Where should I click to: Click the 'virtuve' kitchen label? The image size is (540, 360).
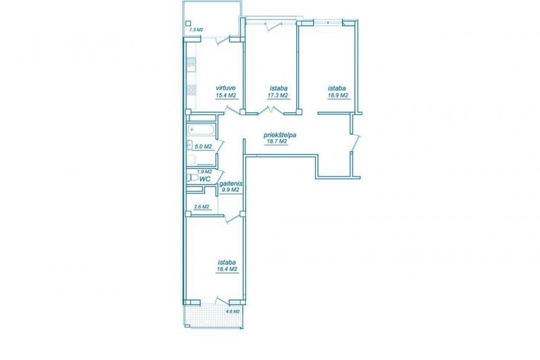pos(225,88)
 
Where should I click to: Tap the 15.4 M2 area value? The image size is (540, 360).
pos(225,95)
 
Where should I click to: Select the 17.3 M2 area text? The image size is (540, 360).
pos(277,95)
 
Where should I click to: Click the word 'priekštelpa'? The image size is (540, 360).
pos(279,135)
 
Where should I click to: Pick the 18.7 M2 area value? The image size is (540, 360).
pos(276,142)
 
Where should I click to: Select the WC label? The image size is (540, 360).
pos(205,179)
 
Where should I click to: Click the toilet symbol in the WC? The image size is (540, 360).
pos(192,178)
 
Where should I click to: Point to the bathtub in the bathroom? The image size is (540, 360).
pos(201,130)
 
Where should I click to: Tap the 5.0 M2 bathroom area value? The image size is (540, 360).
pos(203,147)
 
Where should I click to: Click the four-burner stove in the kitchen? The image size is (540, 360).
pos(191,91)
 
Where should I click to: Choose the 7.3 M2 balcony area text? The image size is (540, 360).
pos(196,30)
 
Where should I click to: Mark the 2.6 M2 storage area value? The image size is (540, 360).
pos(202,207)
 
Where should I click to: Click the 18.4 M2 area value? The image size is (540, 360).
pos(227,269)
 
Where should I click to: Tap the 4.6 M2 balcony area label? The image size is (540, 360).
pos(232,311)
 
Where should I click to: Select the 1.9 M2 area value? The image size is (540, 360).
pos(205,172)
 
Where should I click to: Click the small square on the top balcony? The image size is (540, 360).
pos(188,24)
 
